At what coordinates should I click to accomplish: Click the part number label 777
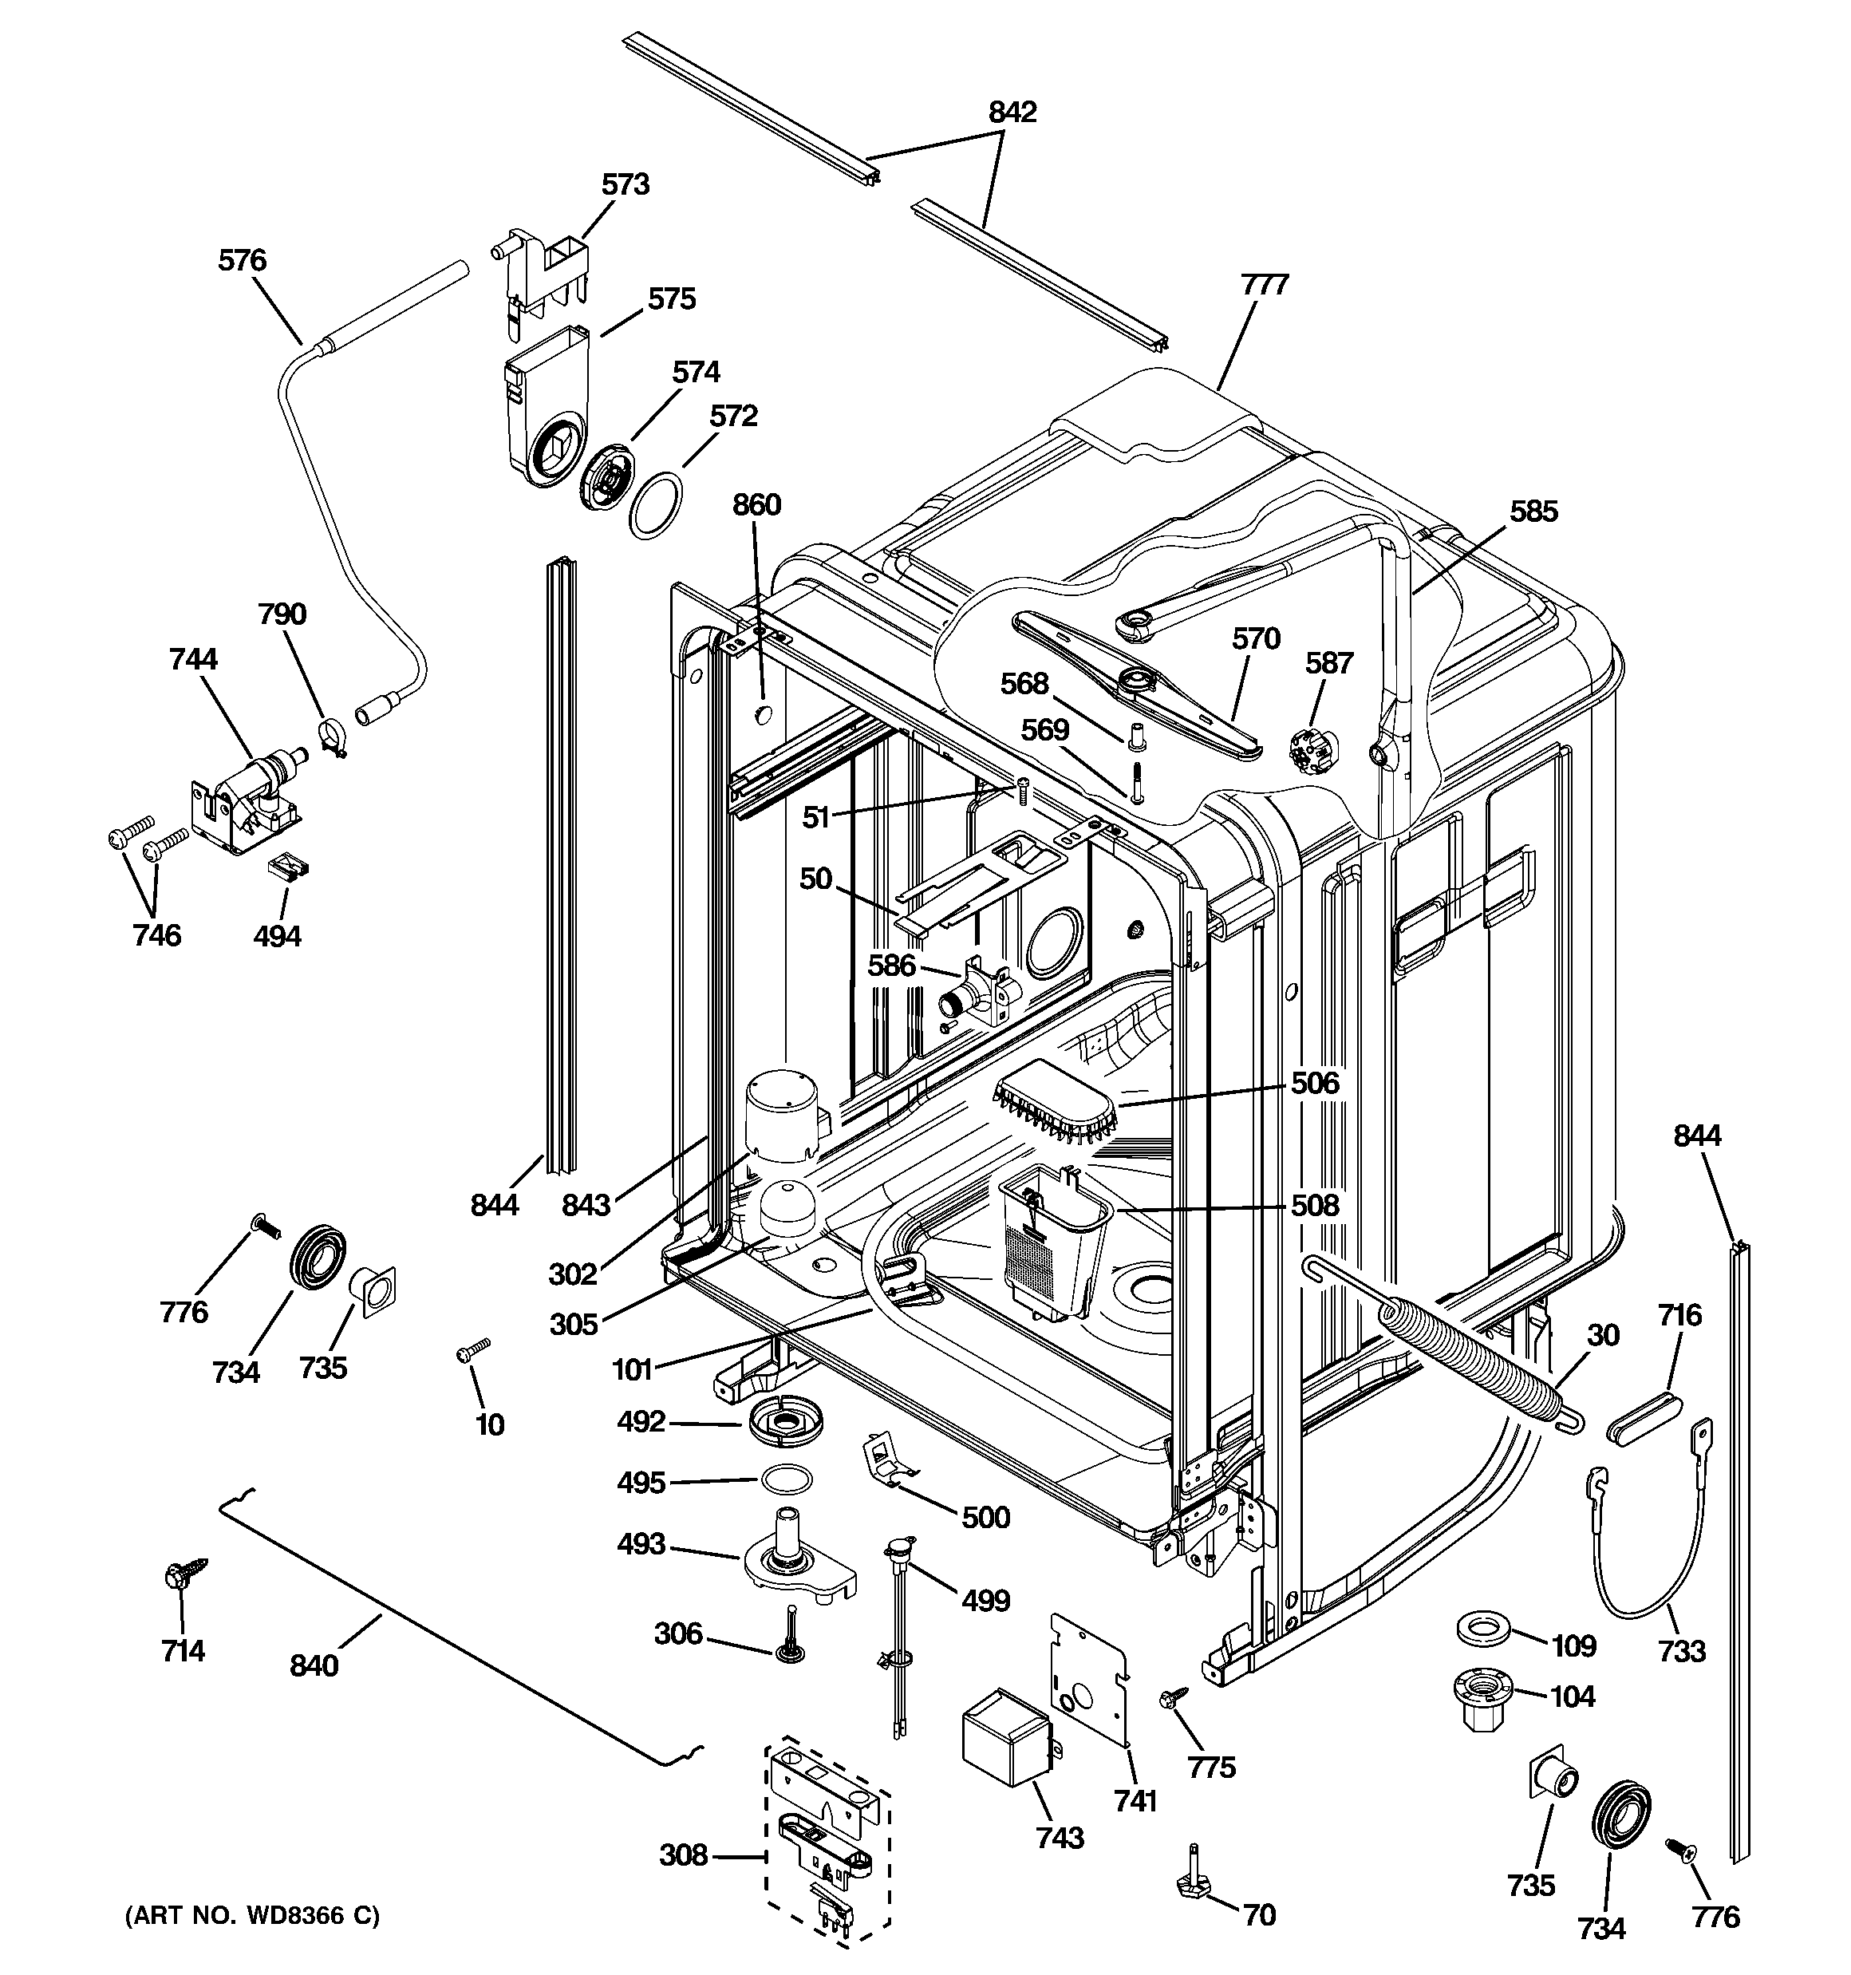1264,285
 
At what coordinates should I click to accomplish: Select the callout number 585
1533,512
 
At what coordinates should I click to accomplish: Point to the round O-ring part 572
657,506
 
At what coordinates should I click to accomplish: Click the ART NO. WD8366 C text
252,1915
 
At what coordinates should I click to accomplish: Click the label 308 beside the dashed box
684,1855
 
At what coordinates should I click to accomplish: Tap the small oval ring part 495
785,1479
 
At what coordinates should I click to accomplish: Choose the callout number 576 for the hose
243,260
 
